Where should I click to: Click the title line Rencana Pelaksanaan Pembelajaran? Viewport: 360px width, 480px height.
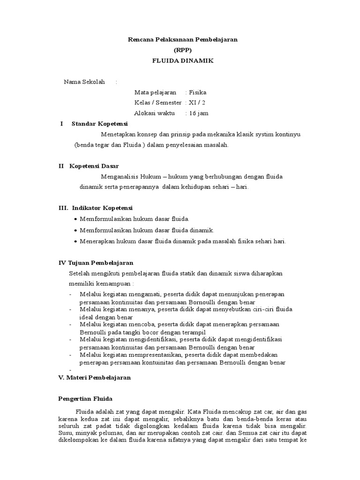pos(183,40)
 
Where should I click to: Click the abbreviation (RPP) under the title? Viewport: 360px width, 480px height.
pos(183,51)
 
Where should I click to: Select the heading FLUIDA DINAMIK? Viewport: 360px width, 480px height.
pos(183,61)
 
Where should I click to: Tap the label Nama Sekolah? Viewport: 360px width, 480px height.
pos(84,82)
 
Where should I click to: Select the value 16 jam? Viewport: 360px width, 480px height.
pos(198,113)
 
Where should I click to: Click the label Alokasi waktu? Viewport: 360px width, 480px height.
pos(154,113)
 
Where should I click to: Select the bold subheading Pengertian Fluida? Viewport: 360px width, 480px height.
pos(85,398)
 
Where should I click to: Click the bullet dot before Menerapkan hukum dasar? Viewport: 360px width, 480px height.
pos(76,242)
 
